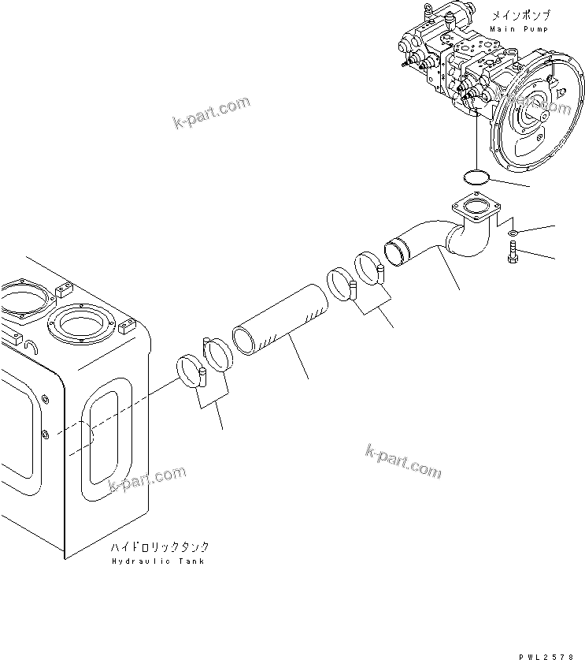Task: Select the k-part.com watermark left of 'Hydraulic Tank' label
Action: [148, 478]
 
